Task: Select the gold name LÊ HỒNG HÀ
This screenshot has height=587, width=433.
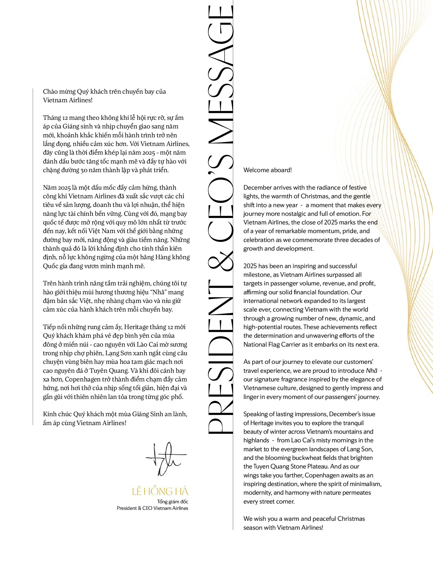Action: pyautogui.click(x=160, y=492)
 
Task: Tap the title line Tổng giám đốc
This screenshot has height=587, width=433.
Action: pyautogui.click(x=173, y=502)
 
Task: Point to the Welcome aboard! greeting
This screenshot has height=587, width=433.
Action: pyautogui.click(x=267, y=170)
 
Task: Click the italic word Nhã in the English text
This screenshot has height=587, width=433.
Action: pyautogui.click(x=372, y=371)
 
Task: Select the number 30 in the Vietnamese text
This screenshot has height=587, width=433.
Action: pyautogui.click(x=84, y=170)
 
